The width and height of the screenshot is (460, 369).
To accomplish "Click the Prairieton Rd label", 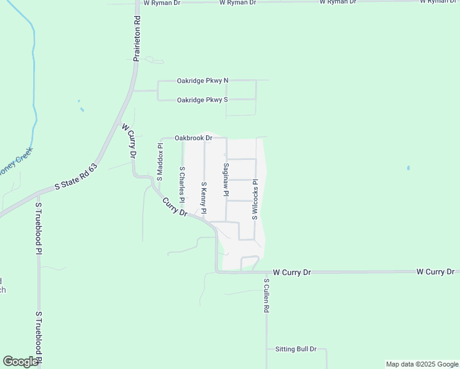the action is tap(137, 42).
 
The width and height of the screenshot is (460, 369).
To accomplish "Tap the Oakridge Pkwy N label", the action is tap(202, 81).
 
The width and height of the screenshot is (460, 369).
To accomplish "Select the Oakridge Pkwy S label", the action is tap(202, 100).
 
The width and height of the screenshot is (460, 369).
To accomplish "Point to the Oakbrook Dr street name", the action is tap(193, 138).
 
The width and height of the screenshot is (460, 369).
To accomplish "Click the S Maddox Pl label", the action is tap(161, 162).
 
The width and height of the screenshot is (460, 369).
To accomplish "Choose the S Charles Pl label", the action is tap(182, 184).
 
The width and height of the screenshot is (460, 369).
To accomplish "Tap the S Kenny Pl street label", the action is tap(204, 198).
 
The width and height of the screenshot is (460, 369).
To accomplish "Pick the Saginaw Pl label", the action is tap(226, 180).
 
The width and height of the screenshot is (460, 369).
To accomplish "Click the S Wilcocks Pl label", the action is tap(254, 200).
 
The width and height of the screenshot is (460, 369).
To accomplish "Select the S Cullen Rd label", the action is tap(267, 297).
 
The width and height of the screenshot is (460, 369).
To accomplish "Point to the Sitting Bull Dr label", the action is tap(295, 349).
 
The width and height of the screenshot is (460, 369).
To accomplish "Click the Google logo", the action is tap(20, 362).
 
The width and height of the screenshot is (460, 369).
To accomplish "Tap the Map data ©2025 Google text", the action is tap(422, 364).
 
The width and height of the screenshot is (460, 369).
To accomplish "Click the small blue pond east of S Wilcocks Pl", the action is tap(408, 168).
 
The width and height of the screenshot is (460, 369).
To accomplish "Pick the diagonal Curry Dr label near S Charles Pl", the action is tap(175, 206).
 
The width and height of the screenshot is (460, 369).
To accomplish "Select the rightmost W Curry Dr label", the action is tap(435, 271).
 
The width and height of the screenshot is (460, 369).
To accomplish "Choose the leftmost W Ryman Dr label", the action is tap(162, 3).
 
